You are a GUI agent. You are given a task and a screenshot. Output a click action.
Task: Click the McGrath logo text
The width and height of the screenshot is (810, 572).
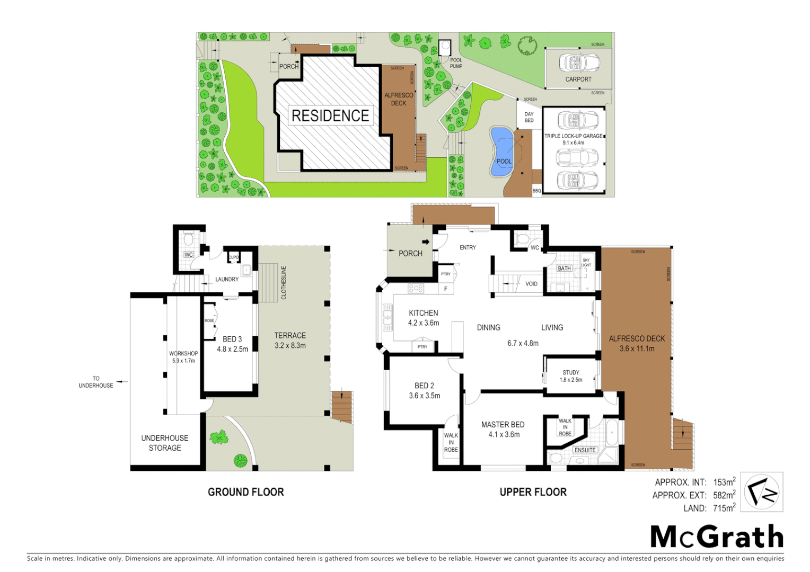click(x=717, y=537)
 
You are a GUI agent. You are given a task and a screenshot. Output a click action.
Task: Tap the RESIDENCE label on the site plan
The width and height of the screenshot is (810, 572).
click(x=330, y=115)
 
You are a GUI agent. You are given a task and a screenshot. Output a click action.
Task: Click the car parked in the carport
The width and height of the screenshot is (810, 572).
click(x=578, y=62)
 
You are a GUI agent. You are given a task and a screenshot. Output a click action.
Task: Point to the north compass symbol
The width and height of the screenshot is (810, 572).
click(x=761, y=492)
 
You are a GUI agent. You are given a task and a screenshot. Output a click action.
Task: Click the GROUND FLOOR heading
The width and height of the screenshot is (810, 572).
click(x=245, y=492)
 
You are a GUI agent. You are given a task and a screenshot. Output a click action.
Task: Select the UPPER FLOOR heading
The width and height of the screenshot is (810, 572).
click(x=533, y=492)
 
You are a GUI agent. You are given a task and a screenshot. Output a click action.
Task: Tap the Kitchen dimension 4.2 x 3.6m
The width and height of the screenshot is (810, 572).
click(x=423, y=323)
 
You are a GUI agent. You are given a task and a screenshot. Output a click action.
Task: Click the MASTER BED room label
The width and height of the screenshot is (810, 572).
click(x=503, y=425)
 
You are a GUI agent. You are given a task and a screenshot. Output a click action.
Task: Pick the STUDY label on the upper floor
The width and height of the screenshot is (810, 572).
click(x=571, y=372)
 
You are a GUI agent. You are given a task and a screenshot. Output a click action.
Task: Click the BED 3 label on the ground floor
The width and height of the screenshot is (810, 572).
click(x=232, y=339)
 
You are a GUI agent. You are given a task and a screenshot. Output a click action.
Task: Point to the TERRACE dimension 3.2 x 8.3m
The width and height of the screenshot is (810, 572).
click(x=290, y=346)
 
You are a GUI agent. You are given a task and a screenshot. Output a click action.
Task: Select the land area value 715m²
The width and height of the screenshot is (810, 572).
click(x=724, y=508)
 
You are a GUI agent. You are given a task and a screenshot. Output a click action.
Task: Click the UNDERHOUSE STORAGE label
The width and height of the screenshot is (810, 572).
click(x=164, y=443)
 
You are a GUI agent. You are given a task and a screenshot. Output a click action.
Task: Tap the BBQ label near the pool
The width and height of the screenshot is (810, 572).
click(x=536, y=191)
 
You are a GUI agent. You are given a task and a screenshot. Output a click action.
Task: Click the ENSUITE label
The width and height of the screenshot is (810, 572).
click(x=585, y=450)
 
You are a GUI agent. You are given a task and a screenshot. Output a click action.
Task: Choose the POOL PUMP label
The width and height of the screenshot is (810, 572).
click(x=456, y=63)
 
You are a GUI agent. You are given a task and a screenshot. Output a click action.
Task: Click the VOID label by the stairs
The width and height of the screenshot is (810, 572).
click(x=531, y=284)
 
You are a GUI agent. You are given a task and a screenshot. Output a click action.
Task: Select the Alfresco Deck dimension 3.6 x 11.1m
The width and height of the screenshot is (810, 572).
click(x=637, y=348)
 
